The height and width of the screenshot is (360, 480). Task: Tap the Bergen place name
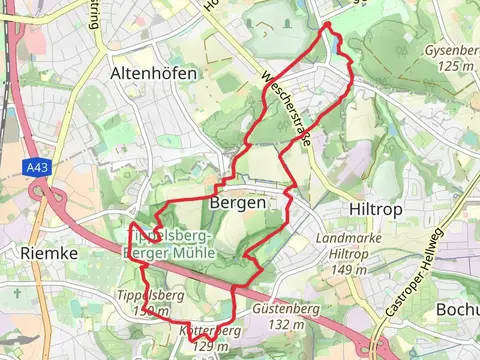click(238, 202)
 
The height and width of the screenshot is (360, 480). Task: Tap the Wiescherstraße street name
click(286, 108)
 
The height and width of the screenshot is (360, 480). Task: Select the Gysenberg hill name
click(452, 49)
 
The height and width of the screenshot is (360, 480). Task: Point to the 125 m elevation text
click(455, 65)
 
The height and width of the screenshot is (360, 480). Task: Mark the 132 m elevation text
click(284, 324)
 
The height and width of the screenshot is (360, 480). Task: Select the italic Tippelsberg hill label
click(150, 296)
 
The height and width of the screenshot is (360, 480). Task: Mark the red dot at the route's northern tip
click(327, 24)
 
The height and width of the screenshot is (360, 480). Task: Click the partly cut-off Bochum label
click(457, 310)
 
